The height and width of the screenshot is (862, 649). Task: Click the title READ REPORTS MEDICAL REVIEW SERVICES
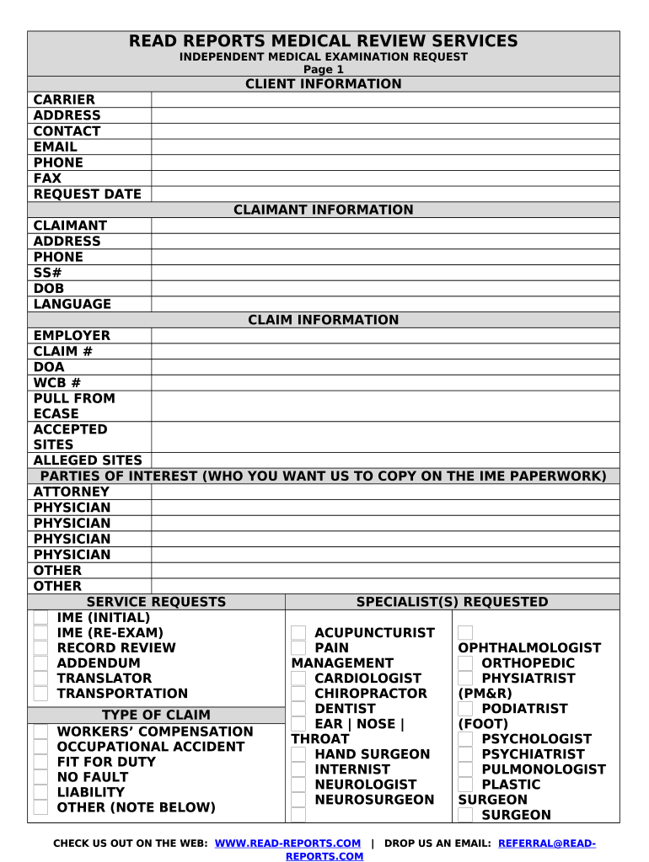tap(324, 41)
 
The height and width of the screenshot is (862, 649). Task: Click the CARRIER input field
tap(385, 100)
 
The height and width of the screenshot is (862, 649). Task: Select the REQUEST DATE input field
tap(385, 194)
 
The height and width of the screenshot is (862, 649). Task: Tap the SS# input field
tap(385, 273)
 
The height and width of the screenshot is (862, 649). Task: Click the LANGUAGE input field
tap(385, 304)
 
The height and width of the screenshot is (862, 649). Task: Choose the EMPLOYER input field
tap(385, 335)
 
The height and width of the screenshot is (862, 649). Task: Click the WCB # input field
tap(385, 382)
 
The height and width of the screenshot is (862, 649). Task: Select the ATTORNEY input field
tap(385, 492)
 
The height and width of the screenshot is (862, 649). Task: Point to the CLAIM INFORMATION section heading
tap(324, 320)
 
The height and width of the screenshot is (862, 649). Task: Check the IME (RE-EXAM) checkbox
tap(40, 633)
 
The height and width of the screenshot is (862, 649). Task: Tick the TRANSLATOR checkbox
tap(40, 678)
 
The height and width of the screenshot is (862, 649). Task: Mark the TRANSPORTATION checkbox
tap(40, 694)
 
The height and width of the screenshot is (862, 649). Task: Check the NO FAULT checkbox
tap(40, 777)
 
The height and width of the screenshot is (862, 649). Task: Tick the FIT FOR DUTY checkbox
tap(40, 762)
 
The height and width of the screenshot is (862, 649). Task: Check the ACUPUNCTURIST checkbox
tap(298, 633)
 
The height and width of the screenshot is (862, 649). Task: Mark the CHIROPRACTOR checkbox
tap(298, 694)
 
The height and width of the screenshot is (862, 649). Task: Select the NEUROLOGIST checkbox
tap(298, 785)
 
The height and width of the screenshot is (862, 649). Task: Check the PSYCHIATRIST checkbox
tap(465, 754)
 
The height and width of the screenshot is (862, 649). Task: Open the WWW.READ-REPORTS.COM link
tap(288, 843)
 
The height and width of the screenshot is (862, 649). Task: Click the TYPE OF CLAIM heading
tap(156, 716)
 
